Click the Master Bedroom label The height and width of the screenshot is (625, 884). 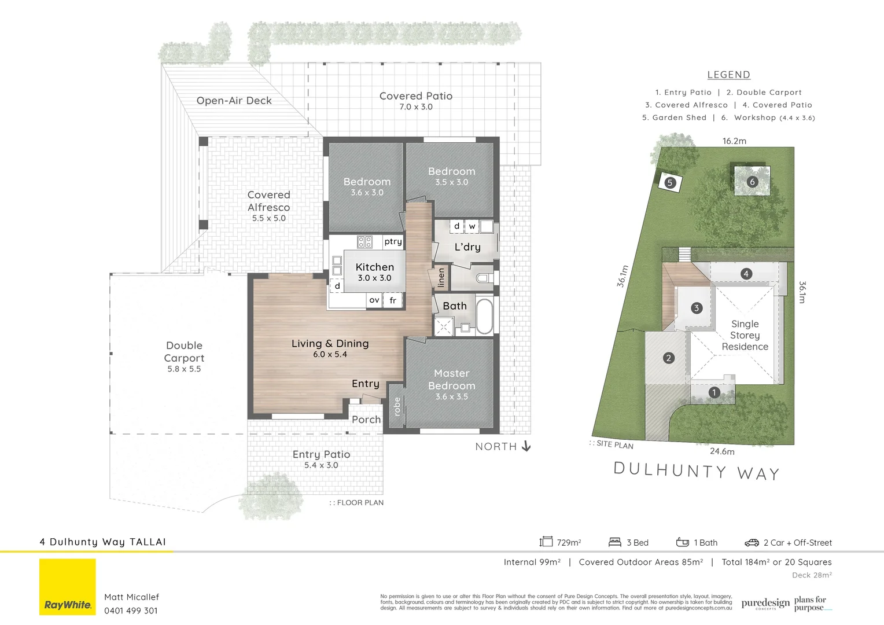pos(451,380)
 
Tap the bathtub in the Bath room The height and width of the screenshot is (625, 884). pos(484,316)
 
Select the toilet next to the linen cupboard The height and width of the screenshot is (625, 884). pos(482,278)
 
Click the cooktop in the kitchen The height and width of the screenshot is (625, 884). pos(364,242)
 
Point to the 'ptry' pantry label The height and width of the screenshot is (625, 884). pos(393,242)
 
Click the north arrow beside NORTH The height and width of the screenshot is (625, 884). pos(526,446)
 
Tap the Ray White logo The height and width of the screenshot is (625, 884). pos(68,587)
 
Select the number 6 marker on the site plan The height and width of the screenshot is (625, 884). pos(752,182)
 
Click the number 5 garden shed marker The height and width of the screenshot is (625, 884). pos(670,183)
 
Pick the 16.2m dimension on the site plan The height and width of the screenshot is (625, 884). pos(734,141)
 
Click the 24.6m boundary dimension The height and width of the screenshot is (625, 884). pos(722,451)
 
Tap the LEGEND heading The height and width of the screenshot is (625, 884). pos(728,75)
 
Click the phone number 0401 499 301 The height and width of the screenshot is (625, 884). pos(131,611)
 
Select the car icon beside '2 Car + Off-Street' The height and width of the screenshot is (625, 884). pos(752,542)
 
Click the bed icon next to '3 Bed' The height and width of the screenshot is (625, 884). pos(614,542)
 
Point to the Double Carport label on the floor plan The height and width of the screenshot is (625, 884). pos(184,352)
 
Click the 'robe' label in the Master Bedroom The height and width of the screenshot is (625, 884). pos(397,406)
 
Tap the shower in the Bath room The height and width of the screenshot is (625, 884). pos(444,326)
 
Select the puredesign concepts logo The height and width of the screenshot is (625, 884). pos(765,604)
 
